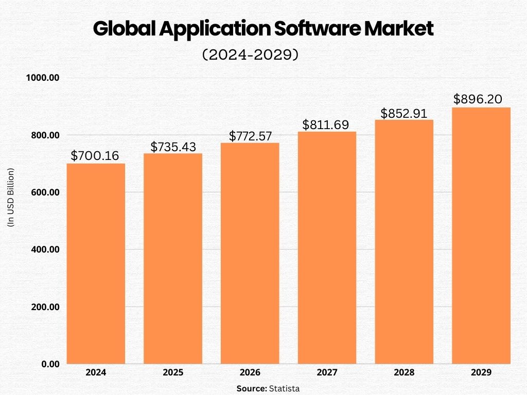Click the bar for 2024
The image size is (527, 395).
96,263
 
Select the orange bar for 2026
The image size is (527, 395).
250,253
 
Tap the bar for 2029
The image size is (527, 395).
481,235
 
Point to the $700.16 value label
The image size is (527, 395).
95,155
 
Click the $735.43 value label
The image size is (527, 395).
173,147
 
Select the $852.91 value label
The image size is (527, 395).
404,113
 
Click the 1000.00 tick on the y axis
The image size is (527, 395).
43,78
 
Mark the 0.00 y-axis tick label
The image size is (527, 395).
50,364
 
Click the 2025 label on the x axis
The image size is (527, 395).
173,372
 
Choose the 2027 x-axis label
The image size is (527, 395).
327,372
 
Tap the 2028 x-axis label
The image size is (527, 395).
404,372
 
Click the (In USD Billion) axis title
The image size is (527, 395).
11,197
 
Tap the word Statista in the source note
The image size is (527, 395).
284,388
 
